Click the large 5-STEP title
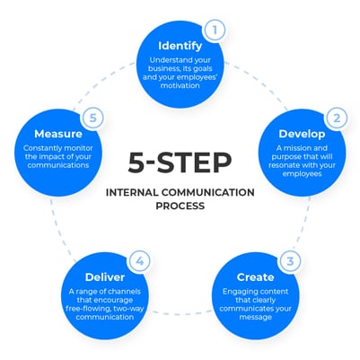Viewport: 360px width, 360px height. pyautogui.click(x=180, y=164)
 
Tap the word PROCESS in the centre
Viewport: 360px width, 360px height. pyautogui.click(x=180, y=206)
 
